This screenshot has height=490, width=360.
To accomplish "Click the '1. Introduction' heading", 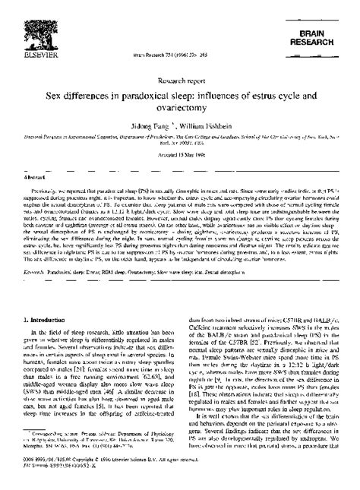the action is coord(45,301).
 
